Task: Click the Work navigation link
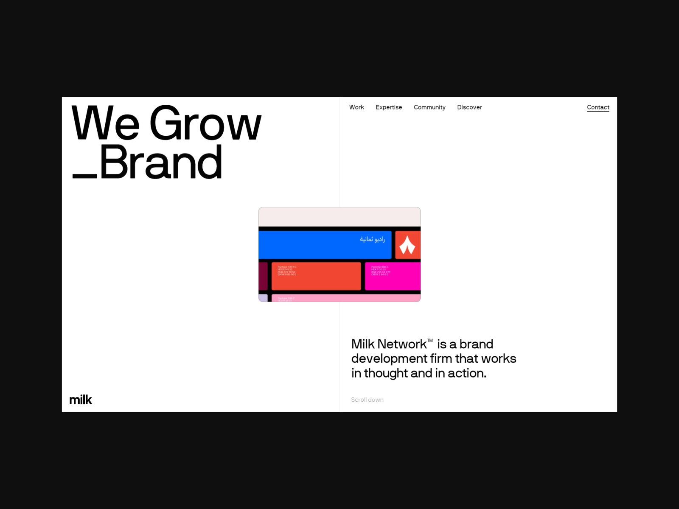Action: coord(356,107)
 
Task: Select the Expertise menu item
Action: coord(388,107)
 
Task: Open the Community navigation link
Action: coord(429,107)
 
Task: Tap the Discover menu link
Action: coord(469,107)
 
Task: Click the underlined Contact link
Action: coord(598,107)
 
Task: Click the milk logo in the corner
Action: coord(81,400)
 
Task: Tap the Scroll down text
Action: coord(367,400)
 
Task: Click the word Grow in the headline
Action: coord(205,124)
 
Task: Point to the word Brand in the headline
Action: coord(161,162)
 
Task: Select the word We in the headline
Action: coord(105,124)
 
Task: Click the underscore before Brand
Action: coord(85,176)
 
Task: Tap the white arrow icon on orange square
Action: coord(407,245)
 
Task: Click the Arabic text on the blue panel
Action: coord(372,239)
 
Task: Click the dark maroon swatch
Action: coord(263,276)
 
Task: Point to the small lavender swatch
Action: coord(263,298)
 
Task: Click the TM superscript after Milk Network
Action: coord(430,340)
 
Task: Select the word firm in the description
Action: coord(441,358)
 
